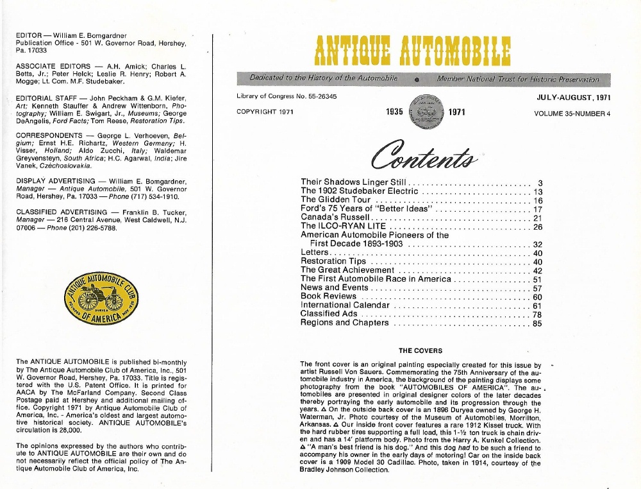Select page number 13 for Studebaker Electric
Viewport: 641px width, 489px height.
pos(538,191)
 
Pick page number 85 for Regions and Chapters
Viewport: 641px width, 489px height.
pos(538,323)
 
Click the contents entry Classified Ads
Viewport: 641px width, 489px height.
pos(329,314)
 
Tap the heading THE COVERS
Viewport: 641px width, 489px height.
pos(420,350)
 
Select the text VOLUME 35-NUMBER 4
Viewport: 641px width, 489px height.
pos(572,114)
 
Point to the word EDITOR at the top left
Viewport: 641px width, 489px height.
pos(29,35)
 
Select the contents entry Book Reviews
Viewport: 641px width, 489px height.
pos(328,296)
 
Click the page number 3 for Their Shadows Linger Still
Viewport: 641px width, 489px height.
pos(540,182)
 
